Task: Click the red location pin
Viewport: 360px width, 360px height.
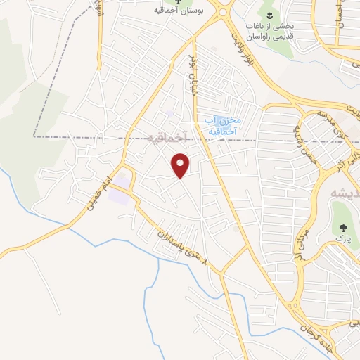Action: (x=181, y=165)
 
